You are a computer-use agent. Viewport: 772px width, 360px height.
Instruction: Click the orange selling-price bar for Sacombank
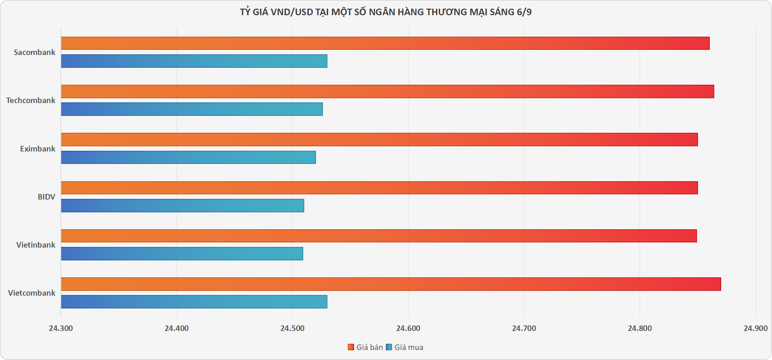click(x=385, y=43)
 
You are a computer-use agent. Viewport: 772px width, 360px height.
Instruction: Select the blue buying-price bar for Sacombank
click(x=194, y=61)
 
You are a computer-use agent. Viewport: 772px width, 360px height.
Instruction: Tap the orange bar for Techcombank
click(x=387, y=91)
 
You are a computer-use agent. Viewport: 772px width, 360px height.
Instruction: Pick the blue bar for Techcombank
click(x=192, y=109)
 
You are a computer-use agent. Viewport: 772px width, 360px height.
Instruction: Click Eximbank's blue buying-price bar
click(x=188, y=157)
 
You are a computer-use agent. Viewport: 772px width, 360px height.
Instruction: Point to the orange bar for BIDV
click(x=379, y=188)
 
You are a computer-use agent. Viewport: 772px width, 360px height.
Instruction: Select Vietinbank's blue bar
click(x=182, y=253)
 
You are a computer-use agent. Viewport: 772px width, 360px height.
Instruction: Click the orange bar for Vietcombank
click(x=391, y=284)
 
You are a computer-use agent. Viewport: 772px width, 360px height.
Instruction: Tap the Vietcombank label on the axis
click(x=31, y=293)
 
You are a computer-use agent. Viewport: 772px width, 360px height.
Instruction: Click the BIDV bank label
click(x=46, y=197)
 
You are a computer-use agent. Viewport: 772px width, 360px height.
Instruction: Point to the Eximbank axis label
click(x=37, y=149)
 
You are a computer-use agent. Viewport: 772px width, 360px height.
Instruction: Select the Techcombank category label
click(x=30, y=100)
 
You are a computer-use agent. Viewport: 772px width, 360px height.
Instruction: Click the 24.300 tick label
click(x=61, y=328)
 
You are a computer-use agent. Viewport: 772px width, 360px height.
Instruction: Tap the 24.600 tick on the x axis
click(x=408, y=328)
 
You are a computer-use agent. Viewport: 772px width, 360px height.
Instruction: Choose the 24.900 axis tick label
click(x=755, y=328)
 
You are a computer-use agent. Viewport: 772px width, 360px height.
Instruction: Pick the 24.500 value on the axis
click(x=292, y=328)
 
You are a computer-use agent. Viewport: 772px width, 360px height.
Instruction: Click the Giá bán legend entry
click(x=365, y=347)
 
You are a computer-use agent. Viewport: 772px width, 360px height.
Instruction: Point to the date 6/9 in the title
click(x=524, y=12)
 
